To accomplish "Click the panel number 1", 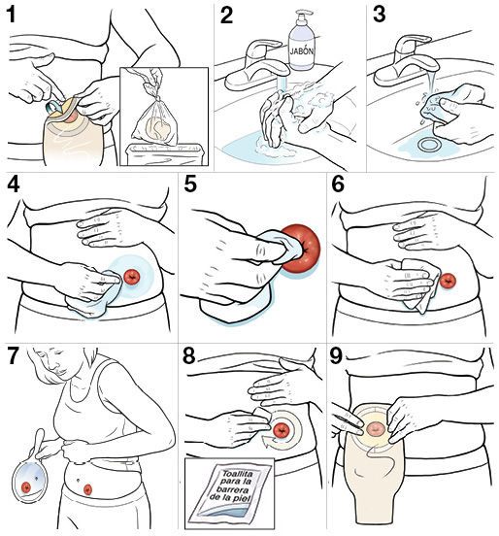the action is click(12, 15).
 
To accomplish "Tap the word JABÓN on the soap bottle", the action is click(302, 50).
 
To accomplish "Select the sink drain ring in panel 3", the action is click(428, 145).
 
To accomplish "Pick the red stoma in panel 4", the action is click(132, 277).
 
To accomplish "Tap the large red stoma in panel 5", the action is click(301, 249).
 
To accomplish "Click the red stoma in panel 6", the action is click(448, 281).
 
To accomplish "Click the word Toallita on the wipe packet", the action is click(238, 474).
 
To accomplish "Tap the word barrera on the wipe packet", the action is click(234, 489).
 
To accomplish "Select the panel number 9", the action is click(336, 355).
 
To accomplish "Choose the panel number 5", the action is click(190, 184).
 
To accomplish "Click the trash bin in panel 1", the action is click(164, 154).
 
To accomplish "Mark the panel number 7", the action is click(13, 355).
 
